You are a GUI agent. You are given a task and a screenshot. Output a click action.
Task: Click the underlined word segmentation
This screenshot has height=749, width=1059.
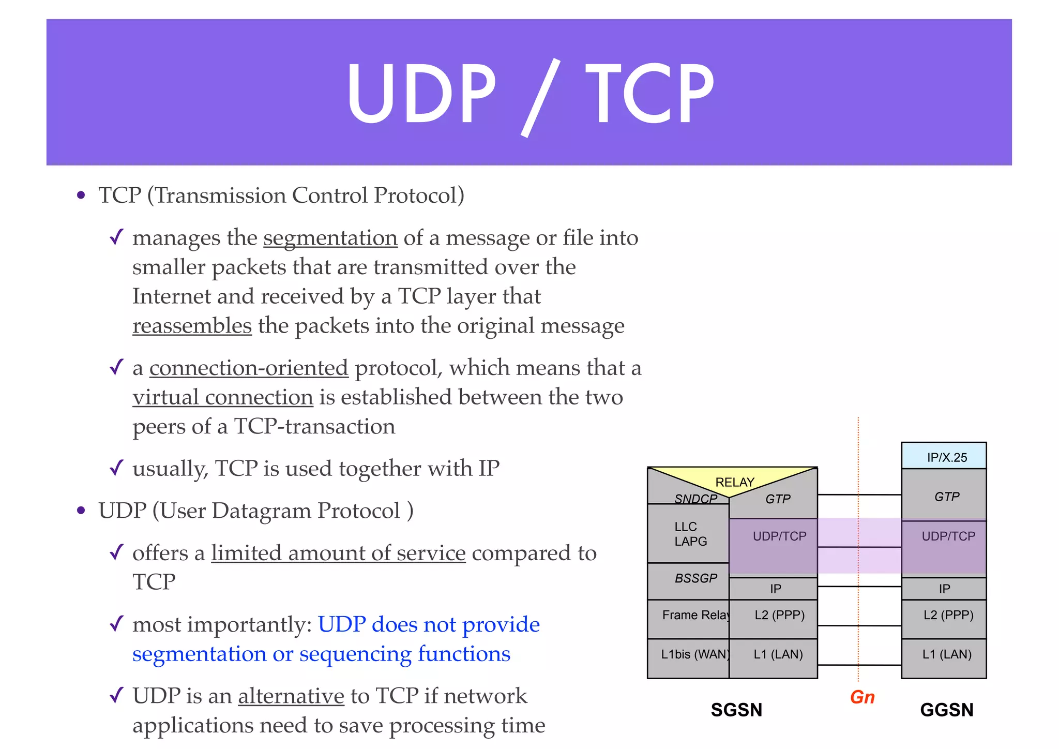coord(330,238)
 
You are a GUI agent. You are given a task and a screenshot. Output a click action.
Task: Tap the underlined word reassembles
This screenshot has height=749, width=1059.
coord(192,326)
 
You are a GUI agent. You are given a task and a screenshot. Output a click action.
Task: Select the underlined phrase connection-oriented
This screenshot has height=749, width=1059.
coord(249,368)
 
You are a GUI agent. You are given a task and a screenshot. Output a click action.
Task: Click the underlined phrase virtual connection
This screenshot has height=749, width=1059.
coord(223,398)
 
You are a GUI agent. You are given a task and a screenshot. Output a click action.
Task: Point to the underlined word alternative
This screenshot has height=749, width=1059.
coord(291,696)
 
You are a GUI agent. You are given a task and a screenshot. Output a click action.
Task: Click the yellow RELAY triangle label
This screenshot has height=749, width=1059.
coord(734,482)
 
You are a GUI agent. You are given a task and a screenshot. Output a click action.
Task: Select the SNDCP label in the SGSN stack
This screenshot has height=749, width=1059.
coord(695,499)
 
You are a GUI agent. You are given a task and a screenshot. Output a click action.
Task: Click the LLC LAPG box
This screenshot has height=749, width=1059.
coord(689,534)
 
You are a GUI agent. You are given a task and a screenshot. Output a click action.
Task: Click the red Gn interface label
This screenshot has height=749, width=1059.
coord(862,697)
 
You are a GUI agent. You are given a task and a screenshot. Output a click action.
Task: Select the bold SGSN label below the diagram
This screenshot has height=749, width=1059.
coord(736,710)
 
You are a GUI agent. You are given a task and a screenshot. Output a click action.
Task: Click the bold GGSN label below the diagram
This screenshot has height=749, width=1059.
coord(946,710)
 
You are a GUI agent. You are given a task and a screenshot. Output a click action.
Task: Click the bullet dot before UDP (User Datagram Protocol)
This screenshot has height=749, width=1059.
coord(81,511)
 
